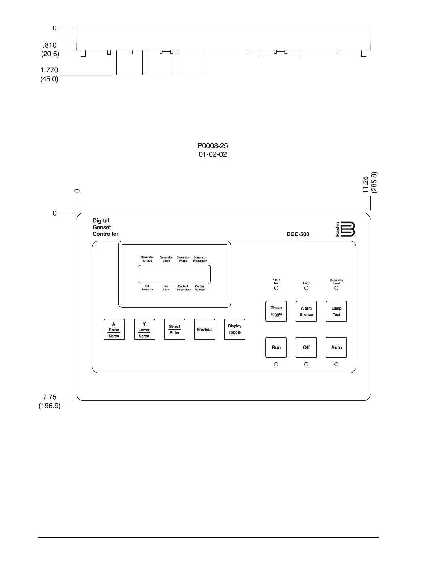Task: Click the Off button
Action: click(x=306, y=347)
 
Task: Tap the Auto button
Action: click(x=336, y=347)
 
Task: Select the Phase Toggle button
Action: click(x=276, y=311)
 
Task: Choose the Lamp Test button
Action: click(x=336, y=311)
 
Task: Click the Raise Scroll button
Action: click(x=114, y=329)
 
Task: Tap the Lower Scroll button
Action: click(x=144, y=329)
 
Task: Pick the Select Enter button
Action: click(x=174, y=329)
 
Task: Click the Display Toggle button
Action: click(x=235, y=329)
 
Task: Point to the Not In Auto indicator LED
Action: click(x=276, y=288)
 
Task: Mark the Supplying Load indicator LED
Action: click(x=336, y=288)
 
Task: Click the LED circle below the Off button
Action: click(x=306, y=364)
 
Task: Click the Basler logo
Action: click(x=346, y=229)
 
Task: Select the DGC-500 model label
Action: click(x=298, y=234)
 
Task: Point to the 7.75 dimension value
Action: click(x=50, y=397)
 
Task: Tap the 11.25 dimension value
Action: click(x=366, y=184)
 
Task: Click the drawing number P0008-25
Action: click(x=212, y=146)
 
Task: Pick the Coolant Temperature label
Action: click(x=183, y=288)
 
